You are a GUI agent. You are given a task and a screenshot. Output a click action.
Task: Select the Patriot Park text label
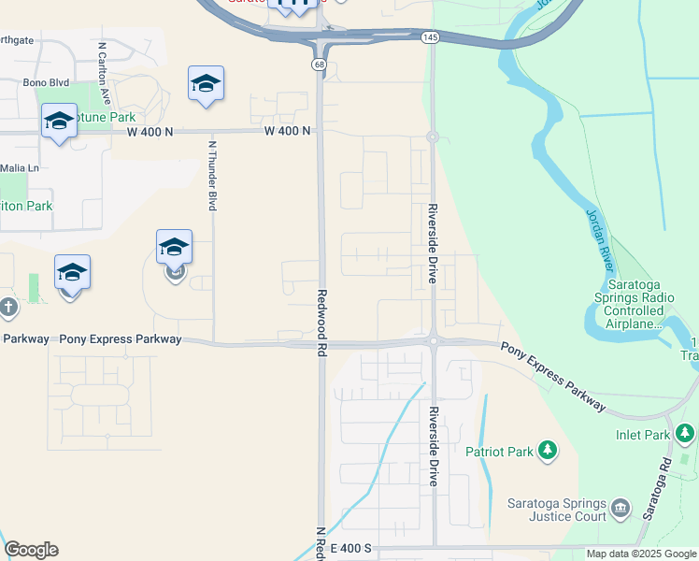tap(499, 452)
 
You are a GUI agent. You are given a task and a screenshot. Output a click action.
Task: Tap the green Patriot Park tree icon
tap(548, 452)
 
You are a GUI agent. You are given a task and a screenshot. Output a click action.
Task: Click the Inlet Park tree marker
tap(686, 434)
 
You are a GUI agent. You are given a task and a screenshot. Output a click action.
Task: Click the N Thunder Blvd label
tap(213, 175)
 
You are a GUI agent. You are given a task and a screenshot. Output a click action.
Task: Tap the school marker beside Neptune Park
tap(59, 122)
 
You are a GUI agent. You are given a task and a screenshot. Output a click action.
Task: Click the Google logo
tap(31, 549)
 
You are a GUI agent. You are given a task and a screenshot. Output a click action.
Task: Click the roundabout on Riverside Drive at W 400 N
tap(433, 137)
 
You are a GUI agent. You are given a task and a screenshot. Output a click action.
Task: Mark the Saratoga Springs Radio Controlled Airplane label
tap(640, 304)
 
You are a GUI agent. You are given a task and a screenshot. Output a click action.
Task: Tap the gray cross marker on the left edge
tap(8, 307)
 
